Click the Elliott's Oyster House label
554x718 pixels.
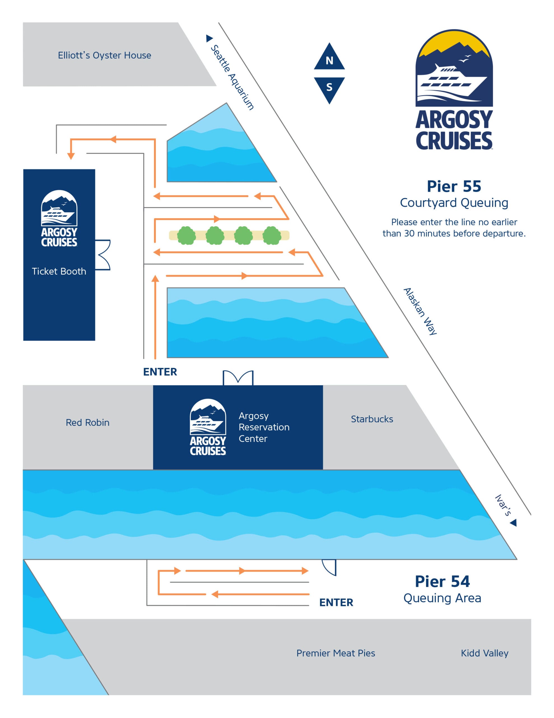click(x=104, y=55)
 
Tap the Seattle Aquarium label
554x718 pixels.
click(x=232, y=77)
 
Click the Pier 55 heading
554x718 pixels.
click(x=453, y=187)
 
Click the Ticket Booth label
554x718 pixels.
click(x=59, y=271)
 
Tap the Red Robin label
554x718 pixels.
click(x=87, y=422)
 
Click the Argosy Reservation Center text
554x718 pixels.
click(x=264, y=427)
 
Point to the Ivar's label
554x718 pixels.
click(x=503, y=505)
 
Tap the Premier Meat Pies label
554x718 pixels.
click(x=335, y=653)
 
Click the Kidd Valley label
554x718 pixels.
click(x=484, y=653)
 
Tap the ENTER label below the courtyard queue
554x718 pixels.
click(x=160, y=372)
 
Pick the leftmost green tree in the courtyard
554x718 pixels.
click(x=186, y=235)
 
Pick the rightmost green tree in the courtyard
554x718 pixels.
click(x=272, y=235)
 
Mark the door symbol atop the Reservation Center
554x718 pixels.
click(x=238, y=378)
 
